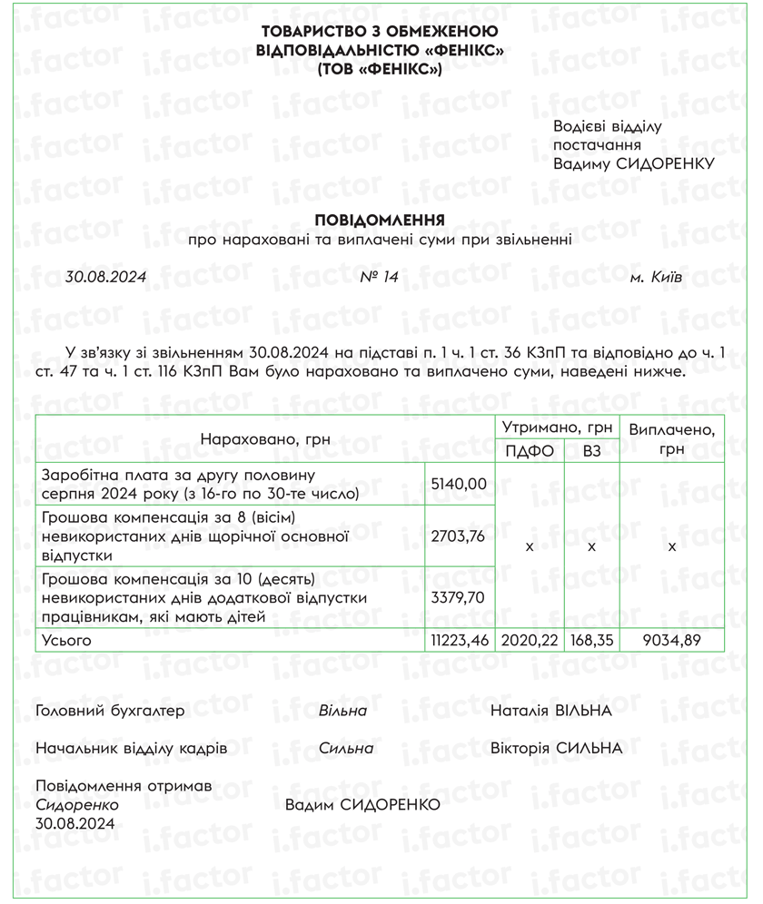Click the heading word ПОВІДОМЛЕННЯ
coord(379,221)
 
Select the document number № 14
coord(379,278)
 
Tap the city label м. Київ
coord(656,278)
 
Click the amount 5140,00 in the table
coord(460,484)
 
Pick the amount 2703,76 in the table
coord(460,536)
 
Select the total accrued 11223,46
coord(460,641)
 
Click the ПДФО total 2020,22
coord(530,641)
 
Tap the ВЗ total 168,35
coord(591,641)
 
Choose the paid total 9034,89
coord(671,641)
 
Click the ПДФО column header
coord(530,450)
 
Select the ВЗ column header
coord(591,450)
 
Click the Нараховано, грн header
coord(265,439)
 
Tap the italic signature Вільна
coord(342,711)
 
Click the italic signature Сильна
coord(346,749)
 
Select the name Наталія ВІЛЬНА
coord(550,711)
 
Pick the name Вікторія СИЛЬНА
coord(556,749)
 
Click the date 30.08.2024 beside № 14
coord(106,278)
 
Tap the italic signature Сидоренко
coord(77,805)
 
